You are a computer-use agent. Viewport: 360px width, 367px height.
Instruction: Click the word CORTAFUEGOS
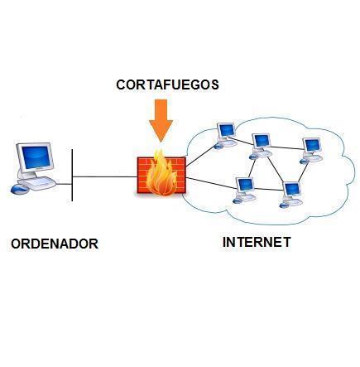167,85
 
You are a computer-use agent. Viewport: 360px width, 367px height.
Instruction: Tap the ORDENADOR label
55,244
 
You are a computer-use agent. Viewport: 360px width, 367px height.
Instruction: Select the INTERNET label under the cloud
257,242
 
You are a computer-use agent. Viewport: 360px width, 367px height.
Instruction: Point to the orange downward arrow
161,121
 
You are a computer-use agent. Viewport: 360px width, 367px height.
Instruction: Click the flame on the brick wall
161,174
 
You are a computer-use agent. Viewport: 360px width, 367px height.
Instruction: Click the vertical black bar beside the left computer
72,175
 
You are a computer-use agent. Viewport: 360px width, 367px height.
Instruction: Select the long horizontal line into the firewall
105,176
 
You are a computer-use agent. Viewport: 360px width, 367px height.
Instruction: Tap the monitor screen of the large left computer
36,157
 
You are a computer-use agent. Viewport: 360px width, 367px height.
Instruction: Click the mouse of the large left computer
19,189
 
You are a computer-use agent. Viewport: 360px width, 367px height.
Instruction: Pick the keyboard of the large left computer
37,183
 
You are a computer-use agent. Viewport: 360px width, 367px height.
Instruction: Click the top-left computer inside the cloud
226,135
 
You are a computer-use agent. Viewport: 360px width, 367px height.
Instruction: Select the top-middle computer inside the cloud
261,147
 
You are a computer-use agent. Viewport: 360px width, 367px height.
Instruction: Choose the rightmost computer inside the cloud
312,151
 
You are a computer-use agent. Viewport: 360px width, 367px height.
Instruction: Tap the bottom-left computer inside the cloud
244,191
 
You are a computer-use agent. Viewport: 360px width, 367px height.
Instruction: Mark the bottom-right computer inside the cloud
291,195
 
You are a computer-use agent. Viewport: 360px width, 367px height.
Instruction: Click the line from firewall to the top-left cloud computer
200,157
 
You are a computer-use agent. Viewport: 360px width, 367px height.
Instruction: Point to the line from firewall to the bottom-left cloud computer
212,183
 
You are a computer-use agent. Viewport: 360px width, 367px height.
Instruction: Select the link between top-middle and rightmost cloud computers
287,147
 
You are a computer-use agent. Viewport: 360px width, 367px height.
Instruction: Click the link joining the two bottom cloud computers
269,189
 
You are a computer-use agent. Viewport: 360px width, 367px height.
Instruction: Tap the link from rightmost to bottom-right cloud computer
303,173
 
